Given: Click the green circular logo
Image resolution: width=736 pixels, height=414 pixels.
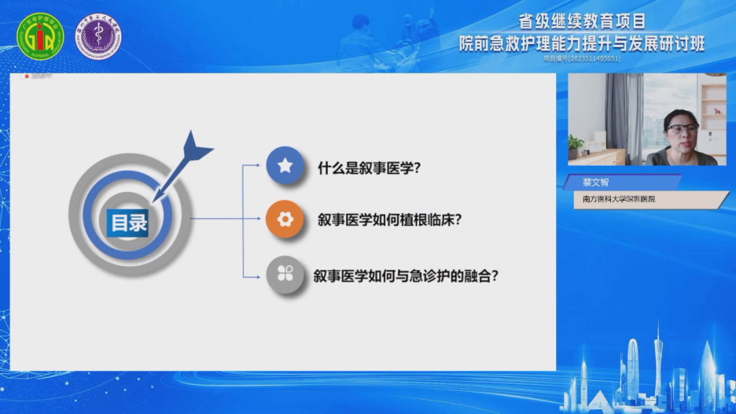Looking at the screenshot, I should coord(40,36).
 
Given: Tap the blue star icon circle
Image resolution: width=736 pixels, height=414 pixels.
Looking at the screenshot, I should coord(285,165).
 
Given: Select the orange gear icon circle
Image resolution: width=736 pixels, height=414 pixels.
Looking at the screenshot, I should coord(285,219).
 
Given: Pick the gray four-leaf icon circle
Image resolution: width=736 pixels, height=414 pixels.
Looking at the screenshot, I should coord(285,275).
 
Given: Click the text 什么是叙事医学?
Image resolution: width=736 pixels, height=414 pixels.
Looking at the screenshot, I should coord(369,167).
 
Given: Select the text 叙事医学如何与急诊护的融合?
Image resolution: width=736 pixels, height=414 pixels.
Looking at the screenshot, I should coord(406,276).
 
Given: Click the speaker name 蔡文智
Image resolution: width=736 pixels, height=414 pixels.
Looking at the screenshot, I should coord(596,182).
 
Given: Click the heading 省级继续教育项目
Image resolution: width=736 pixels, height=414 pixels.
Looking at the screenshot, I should coord(582,22).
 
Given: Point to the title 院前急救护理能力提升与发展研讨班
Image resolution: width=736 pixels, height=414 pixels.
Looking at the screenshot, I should coord(581,44).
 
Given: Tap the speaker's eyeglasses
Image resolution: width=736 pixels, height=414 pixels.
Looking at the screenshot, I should coord(682,128).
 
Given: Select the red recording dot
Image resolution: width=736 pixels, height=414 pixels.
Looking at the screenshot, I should coord(27,76).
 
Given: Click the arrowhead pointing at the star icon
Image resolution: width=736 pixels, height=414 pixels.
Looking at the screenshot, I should coord(256,165).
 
